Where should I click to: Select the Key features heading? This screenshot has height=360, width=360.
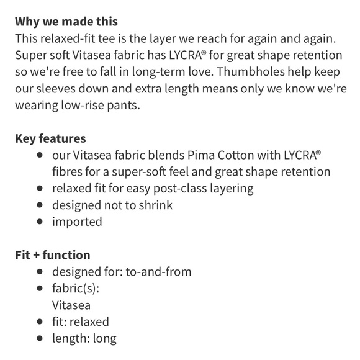coord(50,138)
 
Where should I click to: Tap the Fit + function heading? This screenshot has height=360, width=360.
coord(52,255)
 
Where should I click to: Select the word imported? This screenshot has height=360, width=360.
coord(77,222)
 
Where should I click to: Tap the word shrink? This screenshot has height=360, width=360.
coord(154,205)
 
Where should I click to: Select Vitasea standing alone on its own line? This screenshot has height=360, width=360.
coord(71,305)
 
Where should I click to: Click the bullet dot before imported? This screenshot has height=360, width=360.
coord(40,222)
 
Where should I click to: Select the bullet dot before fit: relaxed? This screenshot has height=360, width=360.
coord(40,322)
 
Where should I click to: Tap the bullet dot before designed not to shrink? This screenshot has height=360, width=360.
coord(40,205)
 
